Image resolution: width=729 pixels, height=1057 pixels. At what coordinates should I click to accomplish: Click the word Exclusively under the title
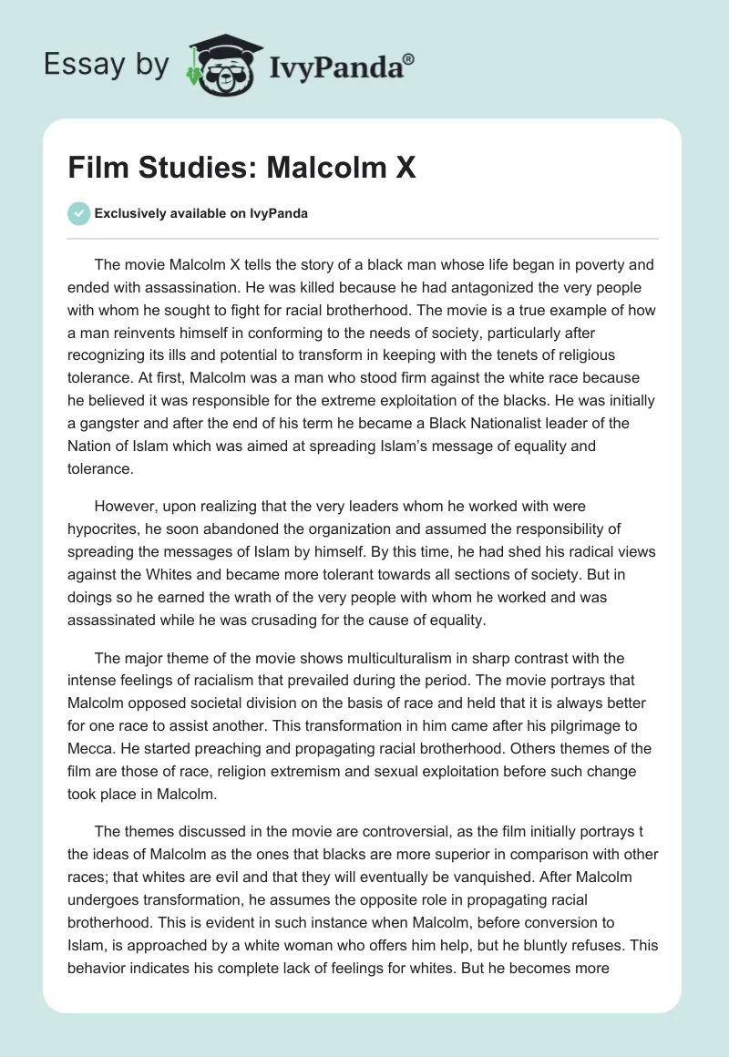pyautogui.click(x=128, y=214)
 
